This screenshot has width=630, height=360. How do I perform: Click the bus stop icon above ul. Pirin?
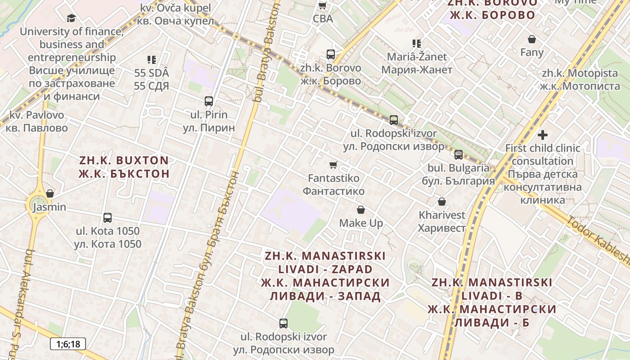coord(209,101)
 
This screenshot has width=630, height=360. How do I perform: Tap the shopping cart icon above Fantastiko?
coord(333,165)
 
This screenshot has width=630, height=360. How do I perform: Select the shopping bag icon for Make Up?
coord(361,210)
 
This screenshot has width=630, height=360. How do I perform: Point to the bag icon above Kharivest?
coord(442,202)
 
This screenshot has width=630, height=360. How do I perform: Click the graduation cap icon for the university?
coord(71,18)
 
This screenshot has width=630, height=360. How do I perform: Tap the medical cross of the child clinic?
coord(543,135)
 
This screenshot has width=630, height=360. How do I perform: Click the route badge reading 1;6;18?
coord(67,344)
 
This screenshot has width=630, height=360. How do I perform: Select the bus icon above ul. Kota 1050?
coord(108,218)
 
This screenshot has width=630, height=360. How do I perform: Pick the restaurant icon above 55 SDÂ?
coord(152,59)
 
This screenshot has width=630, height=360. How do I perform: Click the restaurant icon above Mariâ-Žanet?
coord(417,44)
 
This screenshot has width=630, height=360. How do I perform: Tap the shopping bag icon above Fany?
coord(532,39)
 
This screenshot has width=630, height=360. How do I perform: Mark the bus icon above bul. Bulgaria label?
coord(459,155)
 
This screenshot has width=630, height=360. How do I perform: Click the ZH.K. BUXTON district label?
coord(124,160)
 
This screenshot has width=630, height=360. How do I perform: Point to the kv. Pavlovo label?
coord(37,115)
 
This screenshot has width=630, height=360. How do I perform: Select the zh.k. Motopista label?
coord(580,73)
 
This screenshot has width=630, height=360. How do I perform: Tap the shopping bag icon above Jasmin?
coord(50,193)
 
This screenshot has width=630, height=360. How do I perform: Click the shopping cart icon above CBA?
coord(323,6)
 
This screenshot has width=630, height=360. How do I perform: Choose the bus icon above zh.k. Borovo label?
coord(331,54)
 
